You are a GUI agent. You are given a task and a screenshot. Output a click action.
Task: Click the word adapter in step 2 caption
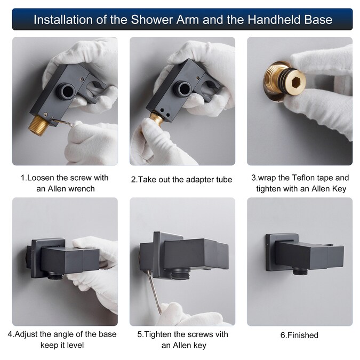pyautogui.click(x=201, y=180)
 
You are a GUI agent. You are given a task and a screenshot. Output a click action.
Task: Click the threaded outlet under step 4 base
pyautogui.click(x=56, y=275)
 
